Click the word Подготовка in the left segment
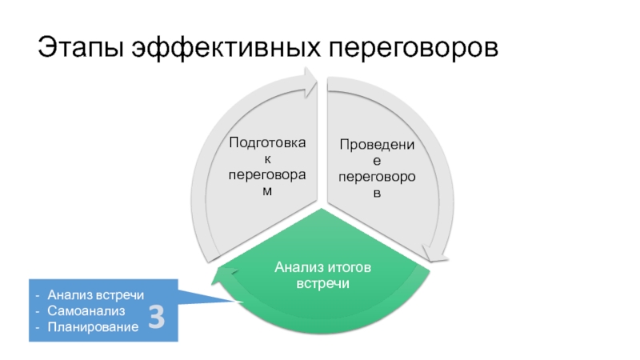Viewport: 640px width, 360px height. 267,142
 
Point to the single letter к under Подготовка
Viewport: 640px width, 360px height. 267,158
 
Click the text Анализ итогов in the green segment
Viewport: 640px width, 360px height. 323,266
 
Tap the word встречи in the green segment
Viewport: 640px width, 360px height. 323,284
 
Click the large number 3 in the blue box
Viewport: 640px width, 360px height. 157,318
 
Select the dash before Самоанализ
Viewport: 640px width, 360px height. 40,310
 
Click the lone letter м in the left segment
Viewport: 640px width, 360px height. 267,190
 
